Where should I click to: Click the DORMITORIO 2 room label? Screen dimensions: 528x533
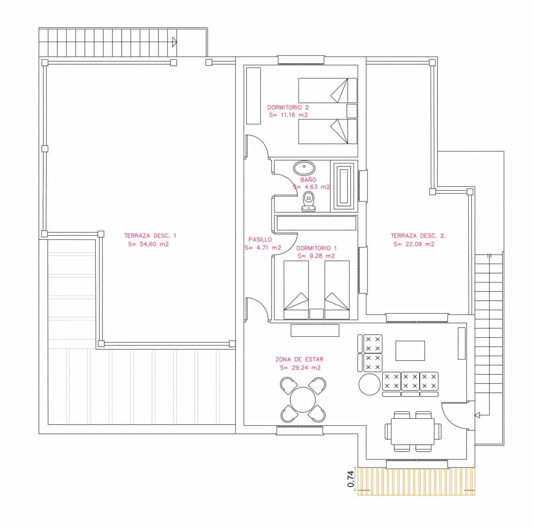tap(288, 107)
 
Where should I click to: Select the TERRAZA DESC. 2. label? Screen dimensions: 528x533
tap(418, 235)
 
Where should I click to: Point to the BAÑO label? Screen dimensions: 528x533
tap(308, 180)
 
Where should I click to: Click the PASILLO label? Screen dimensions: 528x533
tap(260, 240)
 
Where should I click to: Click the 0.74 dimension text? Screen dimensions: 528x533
tap(350, 479)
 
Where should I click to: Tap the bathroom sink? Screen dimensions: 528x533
tap(304, 168)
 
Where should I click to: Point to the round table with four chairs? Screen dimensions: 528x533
tap(303, 400)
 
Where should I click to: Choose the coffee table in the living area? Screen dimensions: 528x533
tap(410, 351)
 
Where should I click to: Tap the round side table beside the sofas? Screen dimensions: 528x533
tap(369, 384)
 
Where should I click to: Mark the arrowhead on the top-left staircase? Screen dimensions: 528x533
tap(175, 42)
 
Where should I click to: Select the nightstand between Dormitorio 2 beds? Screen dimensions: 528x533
tap(352, 111)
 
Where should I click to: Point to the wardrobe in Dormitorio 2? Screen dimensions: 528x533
tap(253, 95)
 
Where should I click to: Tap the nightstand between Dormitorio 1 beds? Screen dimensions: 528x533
tap(316, 314)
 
